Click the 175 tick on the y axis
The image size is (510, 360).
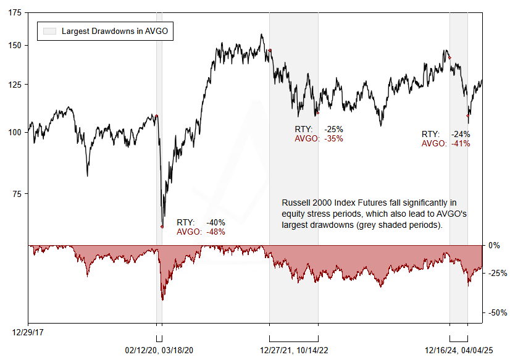[14, 12]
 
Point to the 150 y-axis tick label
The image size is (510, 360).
[14, 46]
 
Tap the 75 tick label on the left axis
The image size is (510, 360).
[17, 194]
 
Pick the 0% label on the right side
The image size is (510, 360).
[494, 245]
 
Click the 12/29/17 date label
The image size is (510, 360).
[28, 332]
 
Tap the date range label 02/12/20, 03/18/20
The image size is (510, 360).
[160, 350]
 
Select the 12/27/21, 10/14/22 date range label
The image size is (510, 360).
[294, 350]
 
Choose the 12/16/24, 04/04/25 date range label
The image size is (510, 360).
[459, 350]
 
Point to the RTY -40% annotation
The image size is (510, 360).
[201, 222]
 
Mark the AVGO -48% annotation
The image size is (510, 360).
[201, 232]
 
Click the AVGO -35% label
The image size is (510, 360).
[319, 139]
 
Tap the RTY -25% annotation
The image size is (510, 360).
[319, 130]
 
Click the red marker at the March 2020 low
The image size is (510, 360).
[162, 227]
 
